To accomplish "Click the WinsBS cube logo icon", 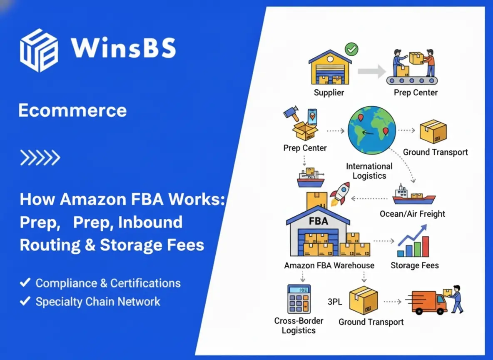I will [x=39, y=50].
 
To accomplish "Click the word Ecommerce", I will [x=72, y=110].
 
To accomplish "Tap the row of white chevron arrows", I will [x=40, y=158].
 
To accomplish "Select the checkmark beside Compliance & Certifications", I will [x=25, y=283].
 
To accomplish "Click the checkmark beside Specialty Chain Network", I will [x=25, y=301].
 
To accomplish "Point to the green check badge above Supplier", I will [x=351, y=50].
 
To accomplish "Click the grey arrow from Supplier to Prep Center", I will [x=372, y=71].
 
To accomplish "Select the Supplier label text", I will [x=329, y=92].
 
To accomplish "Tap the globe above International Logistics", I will [x=371, y=130].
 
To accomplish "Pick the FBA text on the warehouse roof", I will [x=318, y=221].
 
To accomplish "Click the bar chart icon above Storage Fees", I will [x=413, y=242].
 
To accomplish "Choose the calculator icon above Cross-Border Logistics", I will [x=299, y=299].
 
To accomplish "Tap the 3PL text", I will [x=335, y=302].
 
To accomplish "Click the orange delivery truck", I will [x=429, y=302].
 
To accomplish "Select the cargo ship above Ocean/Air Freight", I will [x=414, y=195].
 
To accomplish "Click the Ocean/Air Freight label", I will [x=412, y=214].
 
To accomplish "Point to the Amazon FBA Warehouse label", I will [x=329, y=265].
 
